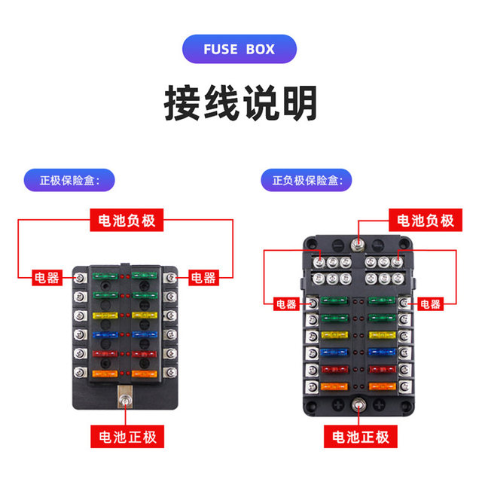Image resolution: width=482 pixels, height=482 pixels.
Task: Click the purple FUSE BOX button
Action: [239, 49]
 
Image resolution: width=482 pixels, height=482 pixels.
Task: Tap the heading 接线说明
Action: [241, 104]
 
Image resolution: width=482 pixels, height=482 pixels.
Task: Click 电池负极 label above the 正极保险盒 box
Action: [127, 220]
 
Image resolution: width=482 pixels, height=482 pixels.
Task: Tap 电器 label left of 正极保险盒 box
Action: [47, 278]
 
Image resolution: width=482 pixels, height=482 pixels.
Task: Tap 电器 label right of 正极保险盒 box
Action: [203, 278]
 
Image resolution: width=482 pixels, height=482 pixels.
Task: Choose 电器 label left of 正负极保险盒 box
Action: [285, 304]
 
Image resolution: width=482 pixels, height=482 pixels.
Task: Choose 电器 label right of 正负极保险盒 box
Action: [429, 304]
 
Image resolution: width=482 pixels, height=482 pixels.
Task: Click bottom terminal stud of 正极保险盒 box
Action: [124, 397]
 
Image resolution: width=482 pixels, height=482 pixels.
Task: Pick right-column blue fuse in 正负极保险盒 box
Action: [382, 352]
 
